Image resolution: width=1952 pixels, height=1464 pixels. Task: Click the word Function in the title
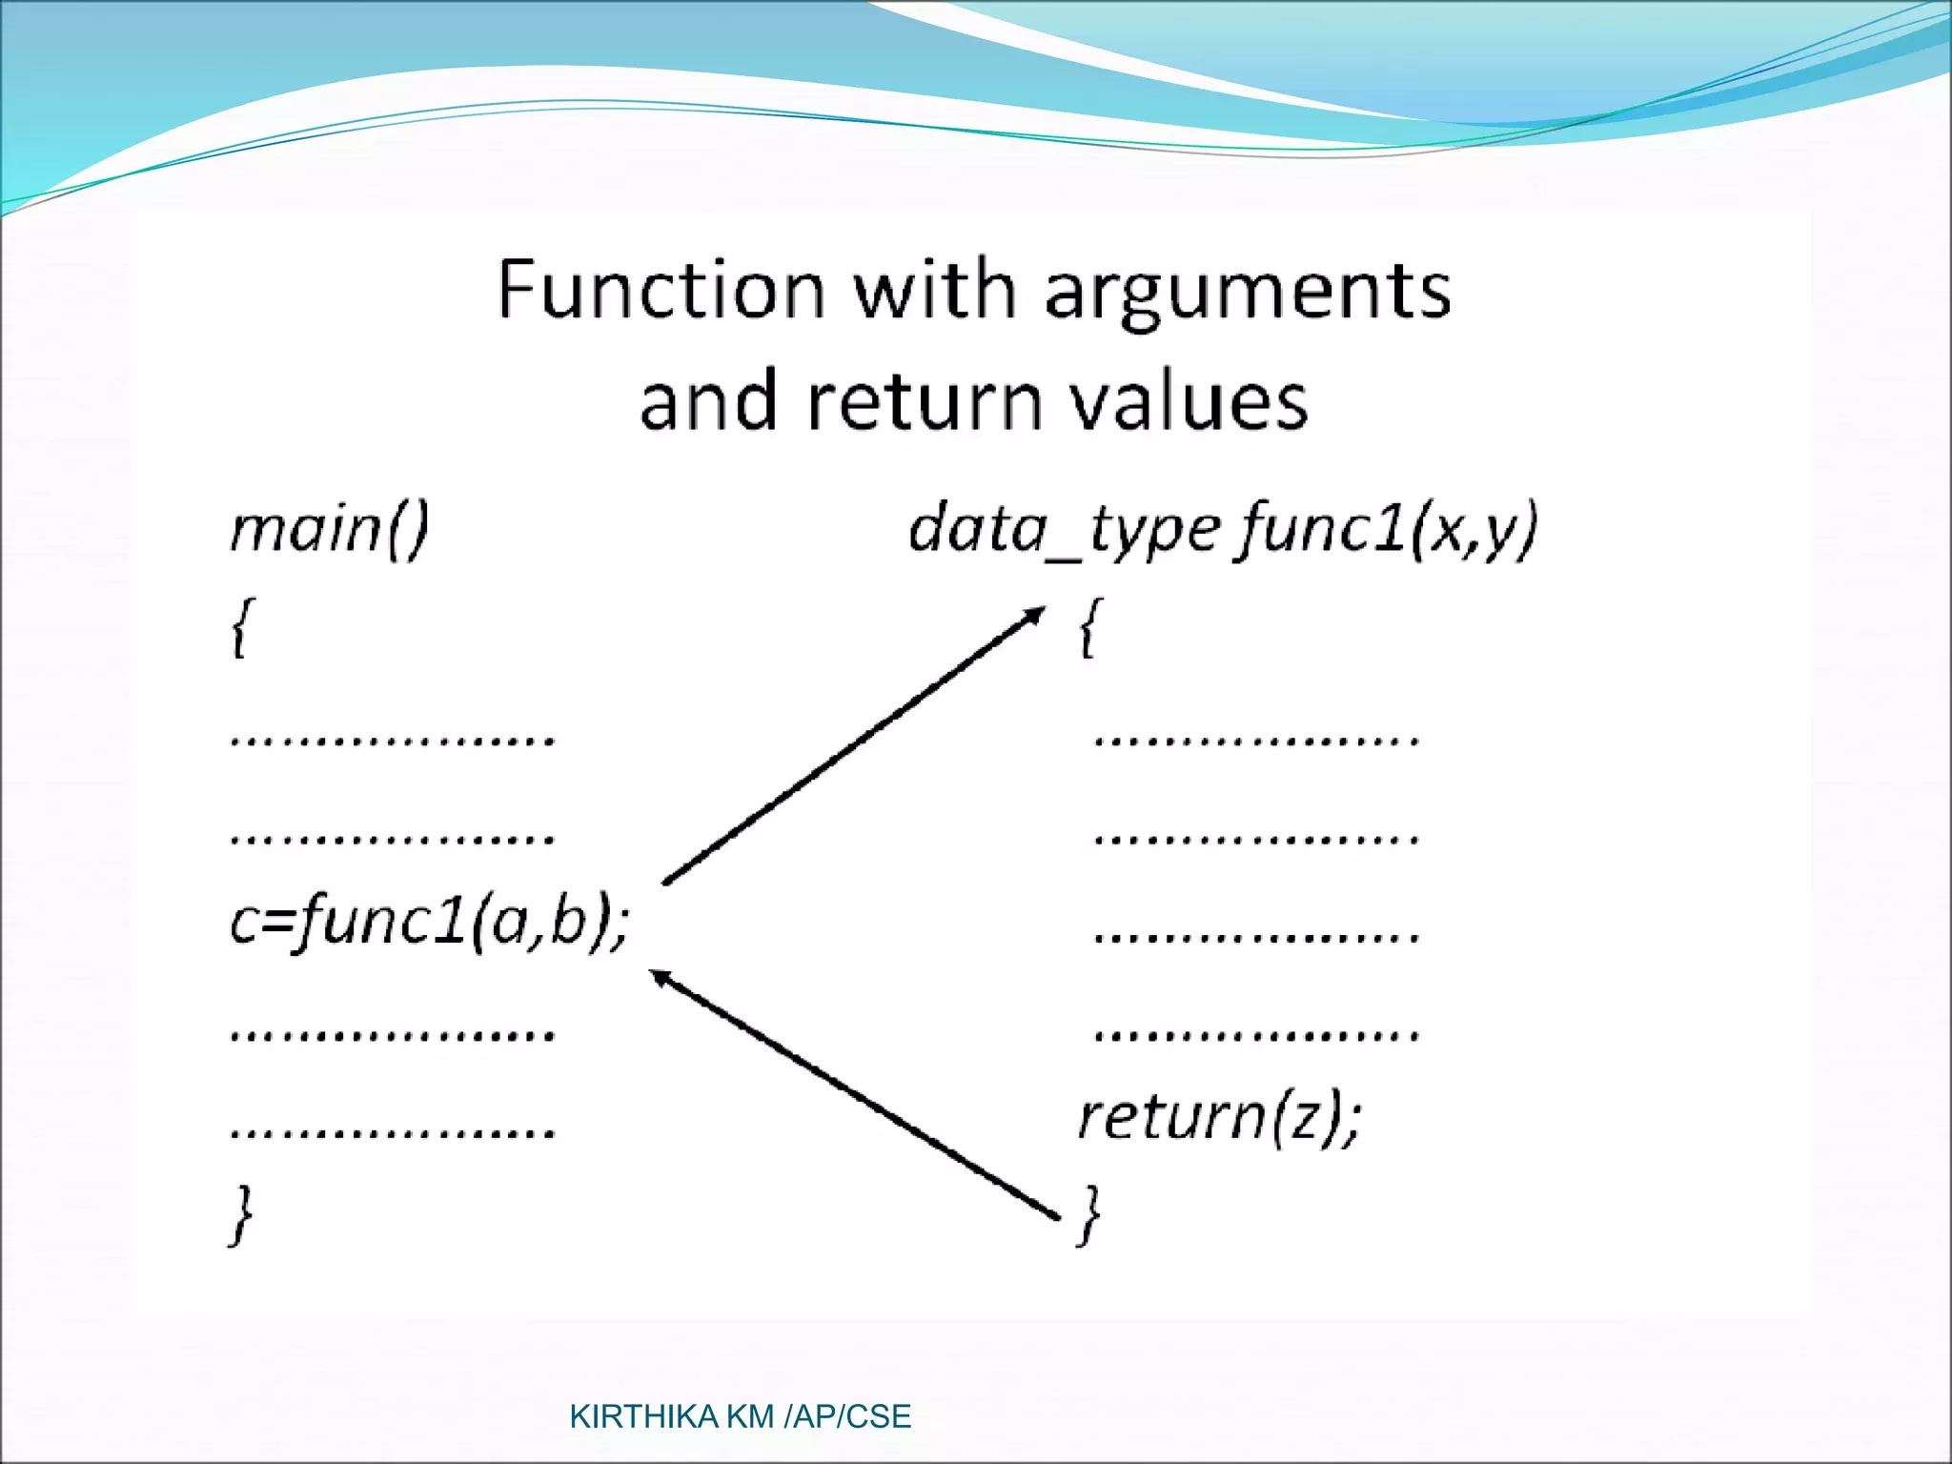pos(661,290)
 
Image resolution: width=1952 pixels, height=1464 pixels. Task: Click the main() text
pos(330,529)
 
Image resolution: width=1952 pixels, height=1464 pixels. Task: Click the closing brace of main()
pos(242,1215)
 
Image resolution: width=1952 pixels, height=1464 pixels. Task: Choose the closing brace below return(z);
pos(1089,1215)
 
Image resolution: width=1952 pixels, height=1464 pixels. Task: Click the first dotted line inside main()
pos(392,740)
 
